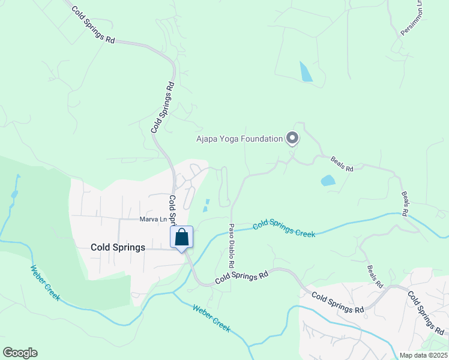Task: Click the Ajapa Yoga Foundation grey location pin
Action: pos(292,139)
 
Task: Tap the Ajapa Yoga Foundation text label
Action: pos(239,139)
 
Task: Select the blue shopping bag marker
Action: pos(182,238)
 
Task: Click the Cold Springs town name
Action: pos(118,247)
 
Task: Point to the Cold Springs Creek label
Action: pos(284,229)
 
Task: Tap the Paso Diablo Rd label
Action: pos(231,246)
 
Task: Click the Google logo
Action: pos(20,353)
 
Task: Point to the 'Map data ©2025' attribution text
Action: pos(423,355)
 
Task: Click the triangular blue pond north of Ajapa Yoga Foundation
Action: pos(306,72)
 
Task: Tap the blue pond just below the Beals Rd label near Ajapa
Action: pos(328,180)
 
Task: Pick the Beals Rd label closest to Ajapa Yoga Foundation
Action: pos(342,164)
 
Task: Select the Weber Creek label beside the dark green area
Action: pos(45,283)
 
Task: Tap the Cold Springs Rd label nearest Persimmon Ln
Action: pos(92,25)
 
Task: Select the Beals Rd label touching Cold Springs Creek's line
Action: pos(405,204)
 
